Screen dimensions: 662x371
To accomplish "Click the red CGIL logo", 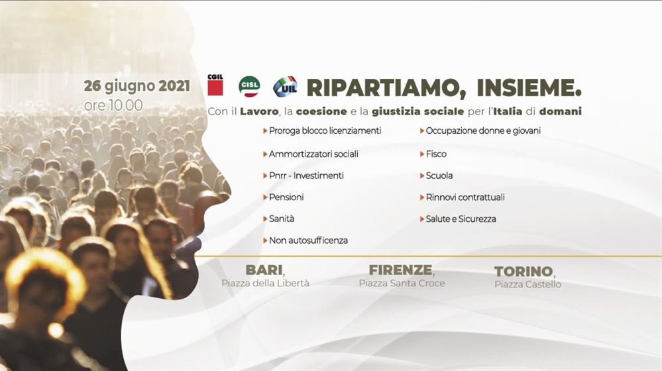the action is coord(215,85).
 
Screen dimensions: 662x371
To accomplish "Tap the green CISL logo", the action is coord(249,87).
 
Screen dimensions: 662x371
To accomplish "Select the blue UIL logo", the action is coord(285,87).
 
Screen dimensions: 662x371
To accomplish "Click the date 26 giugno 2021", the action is coord(137,87).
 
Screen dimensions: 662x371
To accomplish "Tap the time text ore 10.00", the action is coord(113,105).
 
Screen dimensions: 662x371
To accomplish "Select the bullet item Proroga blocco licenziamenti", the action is coord(325,131).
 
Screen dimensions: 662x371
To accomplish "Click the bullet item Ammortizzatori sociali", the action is coord(313,154).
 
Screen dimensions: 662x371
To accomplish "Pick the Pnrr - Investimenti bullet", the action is coord(306,176).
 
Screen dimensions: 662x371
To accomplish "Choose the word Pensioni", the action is coord(286,197).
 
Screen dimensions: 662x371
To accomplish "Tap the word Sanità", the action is coord(282,219).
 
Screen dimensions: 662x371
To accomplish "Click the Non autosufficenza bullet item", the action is coord(308,240).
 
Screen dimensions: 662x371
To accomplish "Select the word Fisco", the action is coord(436,154).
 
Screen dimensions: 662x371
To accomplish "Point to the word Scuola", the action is coord(439,176).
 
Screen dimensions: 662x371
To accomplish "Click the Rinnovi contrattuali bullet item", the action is coord(465,197).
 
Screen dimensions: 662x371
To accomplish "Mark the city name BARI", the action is coord(264,270).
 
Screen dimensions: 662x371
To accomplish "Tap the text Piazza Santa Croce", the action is coord(402,283).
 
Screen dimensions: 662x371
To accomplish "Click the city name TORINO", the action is coord(524,272).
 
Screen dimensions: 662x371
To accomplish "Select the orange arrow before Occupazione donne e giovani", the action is coord(422,131).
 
